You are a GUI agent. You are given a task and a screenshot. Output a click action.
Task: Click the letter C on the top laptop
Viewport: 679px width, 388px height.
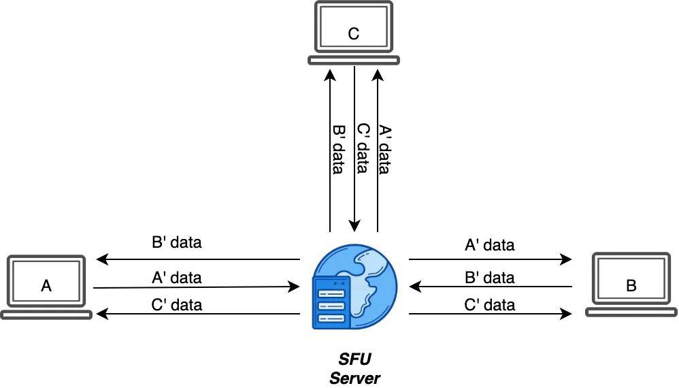click(x=353, y=33)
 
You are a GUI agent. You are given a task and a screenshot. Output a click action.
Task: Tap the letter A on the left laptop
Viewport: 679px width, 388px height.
click(x=46, y=286)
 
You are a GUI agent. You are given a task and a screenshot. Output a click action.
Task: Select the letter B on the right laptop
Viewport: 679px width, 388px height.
click(x=631, y=286)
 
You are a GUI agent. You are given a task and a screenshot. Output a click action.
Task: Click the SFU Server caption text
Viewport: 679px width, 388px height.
click(x=354, y=368)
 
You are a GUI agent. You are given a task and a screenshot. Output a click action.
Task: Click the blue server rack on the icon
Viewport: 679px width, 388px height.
click(x=332, y=303)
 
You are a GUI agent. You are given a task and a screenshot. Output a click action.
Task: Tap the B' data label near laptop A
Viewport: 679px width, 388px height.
click(x=177, y=242)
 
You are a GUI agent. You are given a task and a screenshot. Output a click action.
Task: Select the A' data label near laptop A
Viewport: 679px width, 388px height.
click(x=177, y=278)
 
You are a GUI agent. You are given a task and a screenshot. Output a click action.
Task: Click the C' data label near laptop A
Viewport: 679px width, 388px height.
click(x=177, y=305)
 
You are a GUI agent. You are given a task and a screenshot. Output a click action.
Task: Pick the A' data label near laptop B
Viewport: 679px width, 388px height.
click(x=490, y=245)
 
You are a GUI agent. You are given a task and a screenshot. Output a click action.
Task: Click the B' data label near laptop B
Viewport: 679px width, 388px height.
click(x=490, y=278)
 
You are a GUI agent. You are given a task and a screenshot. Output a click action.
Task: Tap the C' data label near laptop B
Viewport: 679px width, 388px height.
click(x=490, y=305)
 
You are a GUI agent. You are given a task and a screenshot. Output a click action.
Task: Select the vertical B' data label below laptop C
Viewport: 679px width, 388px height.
click(x=339, y=149)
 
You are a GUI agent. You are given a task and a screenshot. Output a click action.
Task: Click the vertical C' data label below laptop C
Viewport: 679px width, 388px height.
click(x=363, y=148)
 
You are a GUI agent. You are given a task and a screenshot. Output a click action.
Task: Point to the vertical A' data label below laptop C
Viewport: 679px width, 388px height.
click(x=384, y=149)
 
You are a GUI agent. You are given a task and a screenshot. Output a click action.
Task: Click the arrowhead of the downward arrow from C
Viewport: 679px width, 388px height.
click(x=354, y=225)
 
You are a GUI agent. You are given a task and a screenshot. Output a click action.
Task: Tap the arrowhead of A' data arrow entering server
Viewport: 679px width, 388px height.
click(x=294, y=287)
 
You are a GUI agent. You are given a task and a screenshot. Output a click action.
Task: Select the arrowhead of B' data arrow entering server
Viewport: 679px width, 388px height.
click(x=415, y=287)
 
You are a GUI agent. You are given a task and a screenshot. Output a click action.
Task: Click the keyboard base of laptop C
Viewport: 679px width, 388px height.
click(x=353, y=60)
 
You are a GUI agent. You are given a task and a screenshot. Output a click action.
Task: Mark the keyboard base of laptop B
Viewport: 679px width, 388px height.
click(x=631, y=312)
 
